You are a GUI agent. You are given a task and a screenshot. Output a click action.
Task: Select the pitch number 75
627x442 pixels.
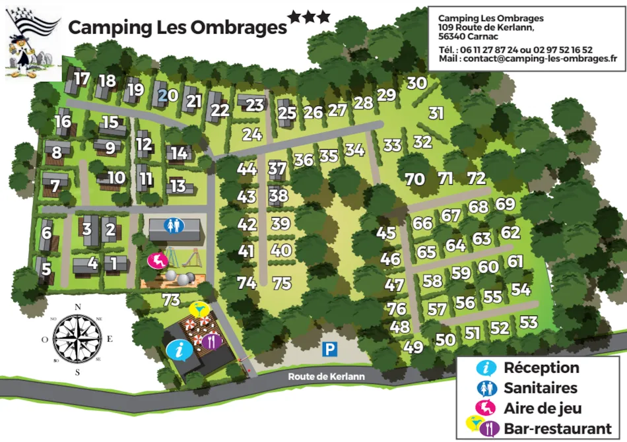click(282, 284)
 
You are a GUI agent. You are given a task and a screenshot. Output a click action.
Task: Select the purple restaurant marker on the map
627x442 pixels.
click(211, 341)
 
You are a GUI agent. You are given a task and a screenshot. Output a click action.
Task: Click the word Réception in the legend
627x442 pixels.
click(541, 368)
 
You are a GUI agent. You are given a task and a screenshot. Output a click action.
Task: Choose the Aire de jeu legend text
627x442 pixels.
click(543, 408)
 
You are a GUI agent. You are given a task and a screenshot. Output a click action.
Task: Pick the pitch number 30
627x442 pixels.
click(416, 84)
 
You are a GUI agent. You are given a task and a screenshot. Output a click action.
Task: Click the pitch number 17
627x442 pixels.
click(82, 79)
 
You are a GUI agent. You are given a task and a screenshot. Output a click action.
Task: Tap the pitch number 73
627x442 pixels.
click(171, 300)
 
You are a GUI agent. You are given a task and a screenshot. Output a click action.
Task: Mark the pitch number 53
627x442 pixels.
click(528, 323)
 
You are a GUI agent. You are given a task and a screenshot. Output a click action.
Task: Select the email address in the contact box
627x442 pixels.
click(541, 58)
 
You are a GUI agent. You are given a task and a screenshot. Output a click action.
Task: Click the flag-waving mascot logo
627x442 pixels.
click(32, 43)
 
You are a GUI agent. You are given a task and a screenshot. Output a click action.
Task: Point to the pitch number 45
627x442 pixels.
click(386, 233)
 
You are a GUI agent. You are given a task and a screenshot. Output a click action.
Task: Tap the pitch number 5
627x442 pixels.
click(46, 269)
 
